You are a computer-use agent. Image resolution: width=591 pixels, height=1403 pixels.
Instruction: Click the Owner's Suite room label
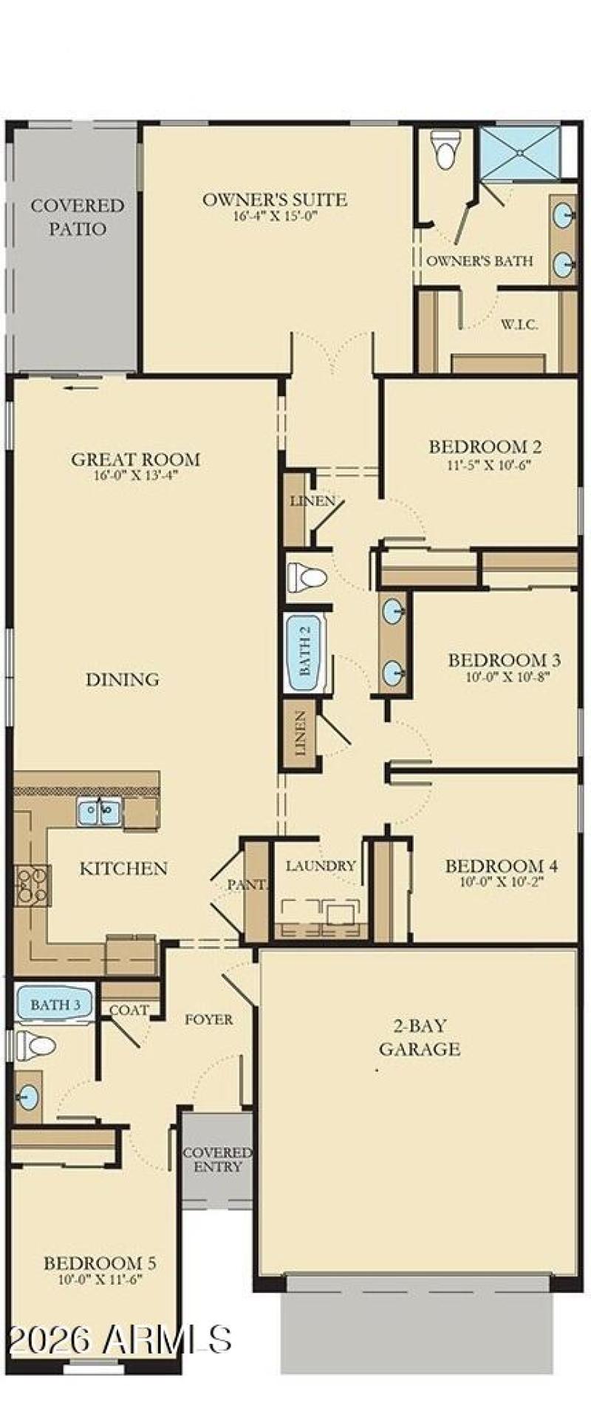tap(274, 200)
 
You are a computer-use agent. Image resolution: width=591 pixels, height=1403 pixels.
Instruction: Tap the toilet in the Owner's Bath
tap(445, 151)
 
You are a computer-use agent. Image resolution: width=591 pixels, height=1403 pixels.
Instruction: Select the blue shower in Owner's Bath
tap(519, 153)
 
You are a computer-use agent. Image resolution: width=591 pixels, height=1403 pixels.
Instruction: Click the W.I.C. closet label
tap(519, 325)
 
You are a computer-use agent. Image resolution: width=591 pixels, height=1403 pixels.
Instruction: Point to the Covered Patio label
tap(77, 217)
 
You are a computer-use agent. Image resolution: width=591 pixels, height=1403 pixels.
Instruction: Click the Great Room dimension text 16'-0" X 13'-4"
tap(136, 475)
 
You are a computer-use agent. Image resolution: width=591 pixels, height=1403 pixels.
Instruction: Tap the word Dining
tap(122, 679)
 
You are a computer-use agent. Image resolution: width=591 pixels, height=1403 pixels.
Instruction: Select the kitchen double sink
tap(99, 813)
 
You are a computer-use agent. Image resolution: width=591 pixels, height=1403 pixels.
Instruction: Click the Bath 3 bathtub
tap(54, 1005)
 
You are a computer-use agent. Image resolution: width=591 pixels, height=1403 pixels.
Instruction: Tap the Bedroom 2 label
tap(485, 446)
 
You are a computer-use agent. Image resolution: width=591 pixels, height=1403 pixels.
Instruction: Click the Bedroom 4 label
tap(501, 866)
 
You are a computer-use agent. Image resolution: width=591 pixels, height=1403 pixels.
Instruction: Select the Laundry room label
tap(321, 866)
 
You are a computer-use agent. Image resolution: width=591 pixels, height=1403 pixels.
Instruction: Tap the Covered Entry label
tap(217, 1159)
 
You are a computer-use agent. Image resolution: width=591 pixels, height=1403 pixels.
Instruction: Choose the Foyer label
tap(209, 1019)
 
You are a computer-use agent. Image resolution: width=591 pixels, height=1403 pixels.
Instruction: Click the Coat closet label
tap(129, 1010)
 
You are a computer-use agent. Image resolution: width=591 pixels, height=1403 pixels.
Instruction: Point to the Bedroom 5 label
tap(99, 1263)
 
